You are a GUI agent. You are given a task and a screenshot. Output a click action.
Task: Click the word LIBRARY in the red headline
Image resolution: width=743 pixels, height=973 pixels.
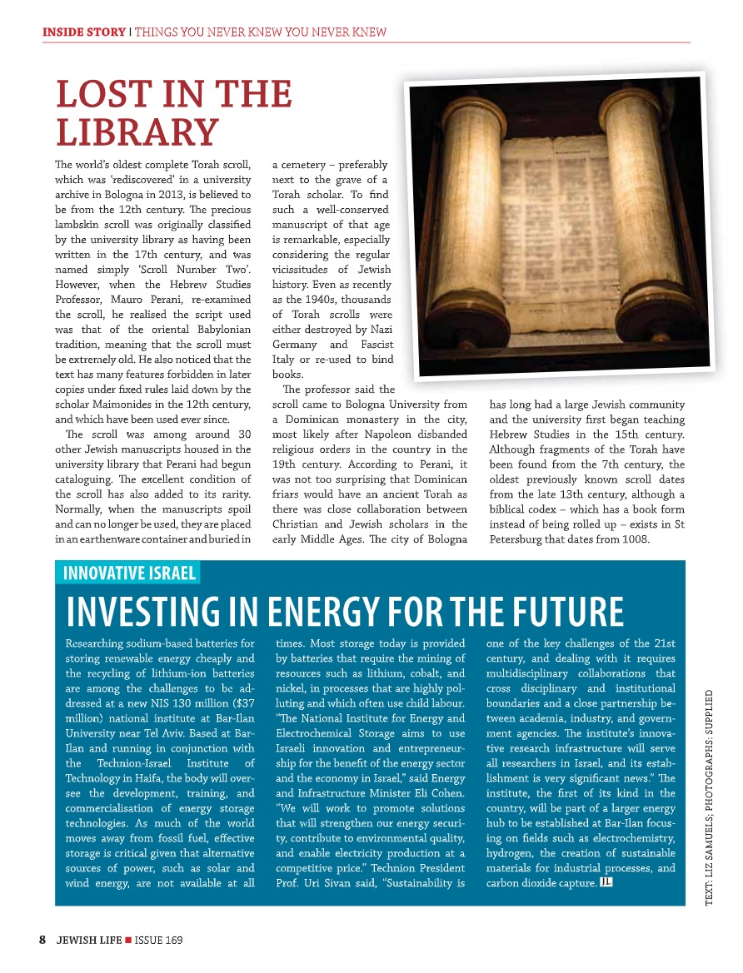[137, 132]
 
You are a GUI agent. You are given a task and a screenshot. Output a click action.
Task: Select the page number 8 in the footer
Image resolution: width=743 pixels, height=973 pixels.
[42, 940]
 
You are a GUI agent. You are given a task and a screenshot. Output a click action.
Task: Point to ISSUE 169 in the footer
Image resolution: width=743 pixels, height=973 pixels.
[158, 940]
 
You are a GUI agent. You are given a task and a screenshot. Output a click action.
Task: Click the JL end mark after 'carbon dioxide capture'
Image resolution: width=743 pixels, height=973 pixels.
[606, 881]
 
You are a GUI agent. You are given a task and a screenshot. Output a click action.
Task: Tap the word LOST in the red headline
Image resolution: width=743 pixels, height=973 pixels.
[95, 95]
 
